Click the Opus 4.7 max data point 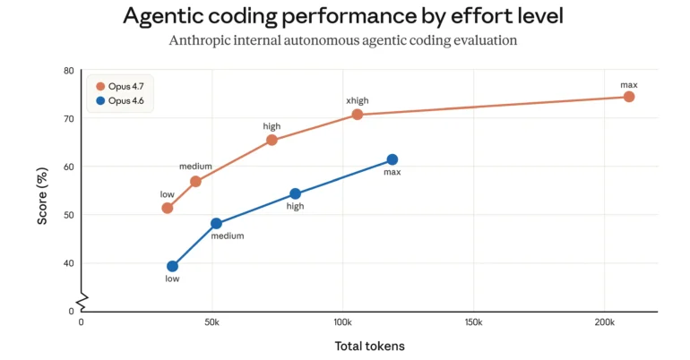(629, 97)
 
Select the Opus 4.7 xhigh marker (358, 115)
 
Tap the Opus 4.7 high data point (272, 140)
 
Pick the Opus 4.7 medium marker (195, 182)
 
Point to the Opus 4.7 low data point (167, 208)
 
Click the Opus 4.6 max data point (392, 159)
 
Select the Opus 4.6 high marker (295, 193)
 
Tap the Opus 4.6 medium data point (216, 223)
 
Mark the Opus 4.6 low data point (172, 266)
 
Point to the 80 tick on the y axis (69, 71)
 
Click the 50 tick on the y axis (69, 215)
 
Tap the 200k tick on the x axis (605, 321)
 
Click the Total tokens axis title (368, 346)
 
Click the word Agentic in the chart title (165, 16)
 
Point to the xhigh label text (358, 101)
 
